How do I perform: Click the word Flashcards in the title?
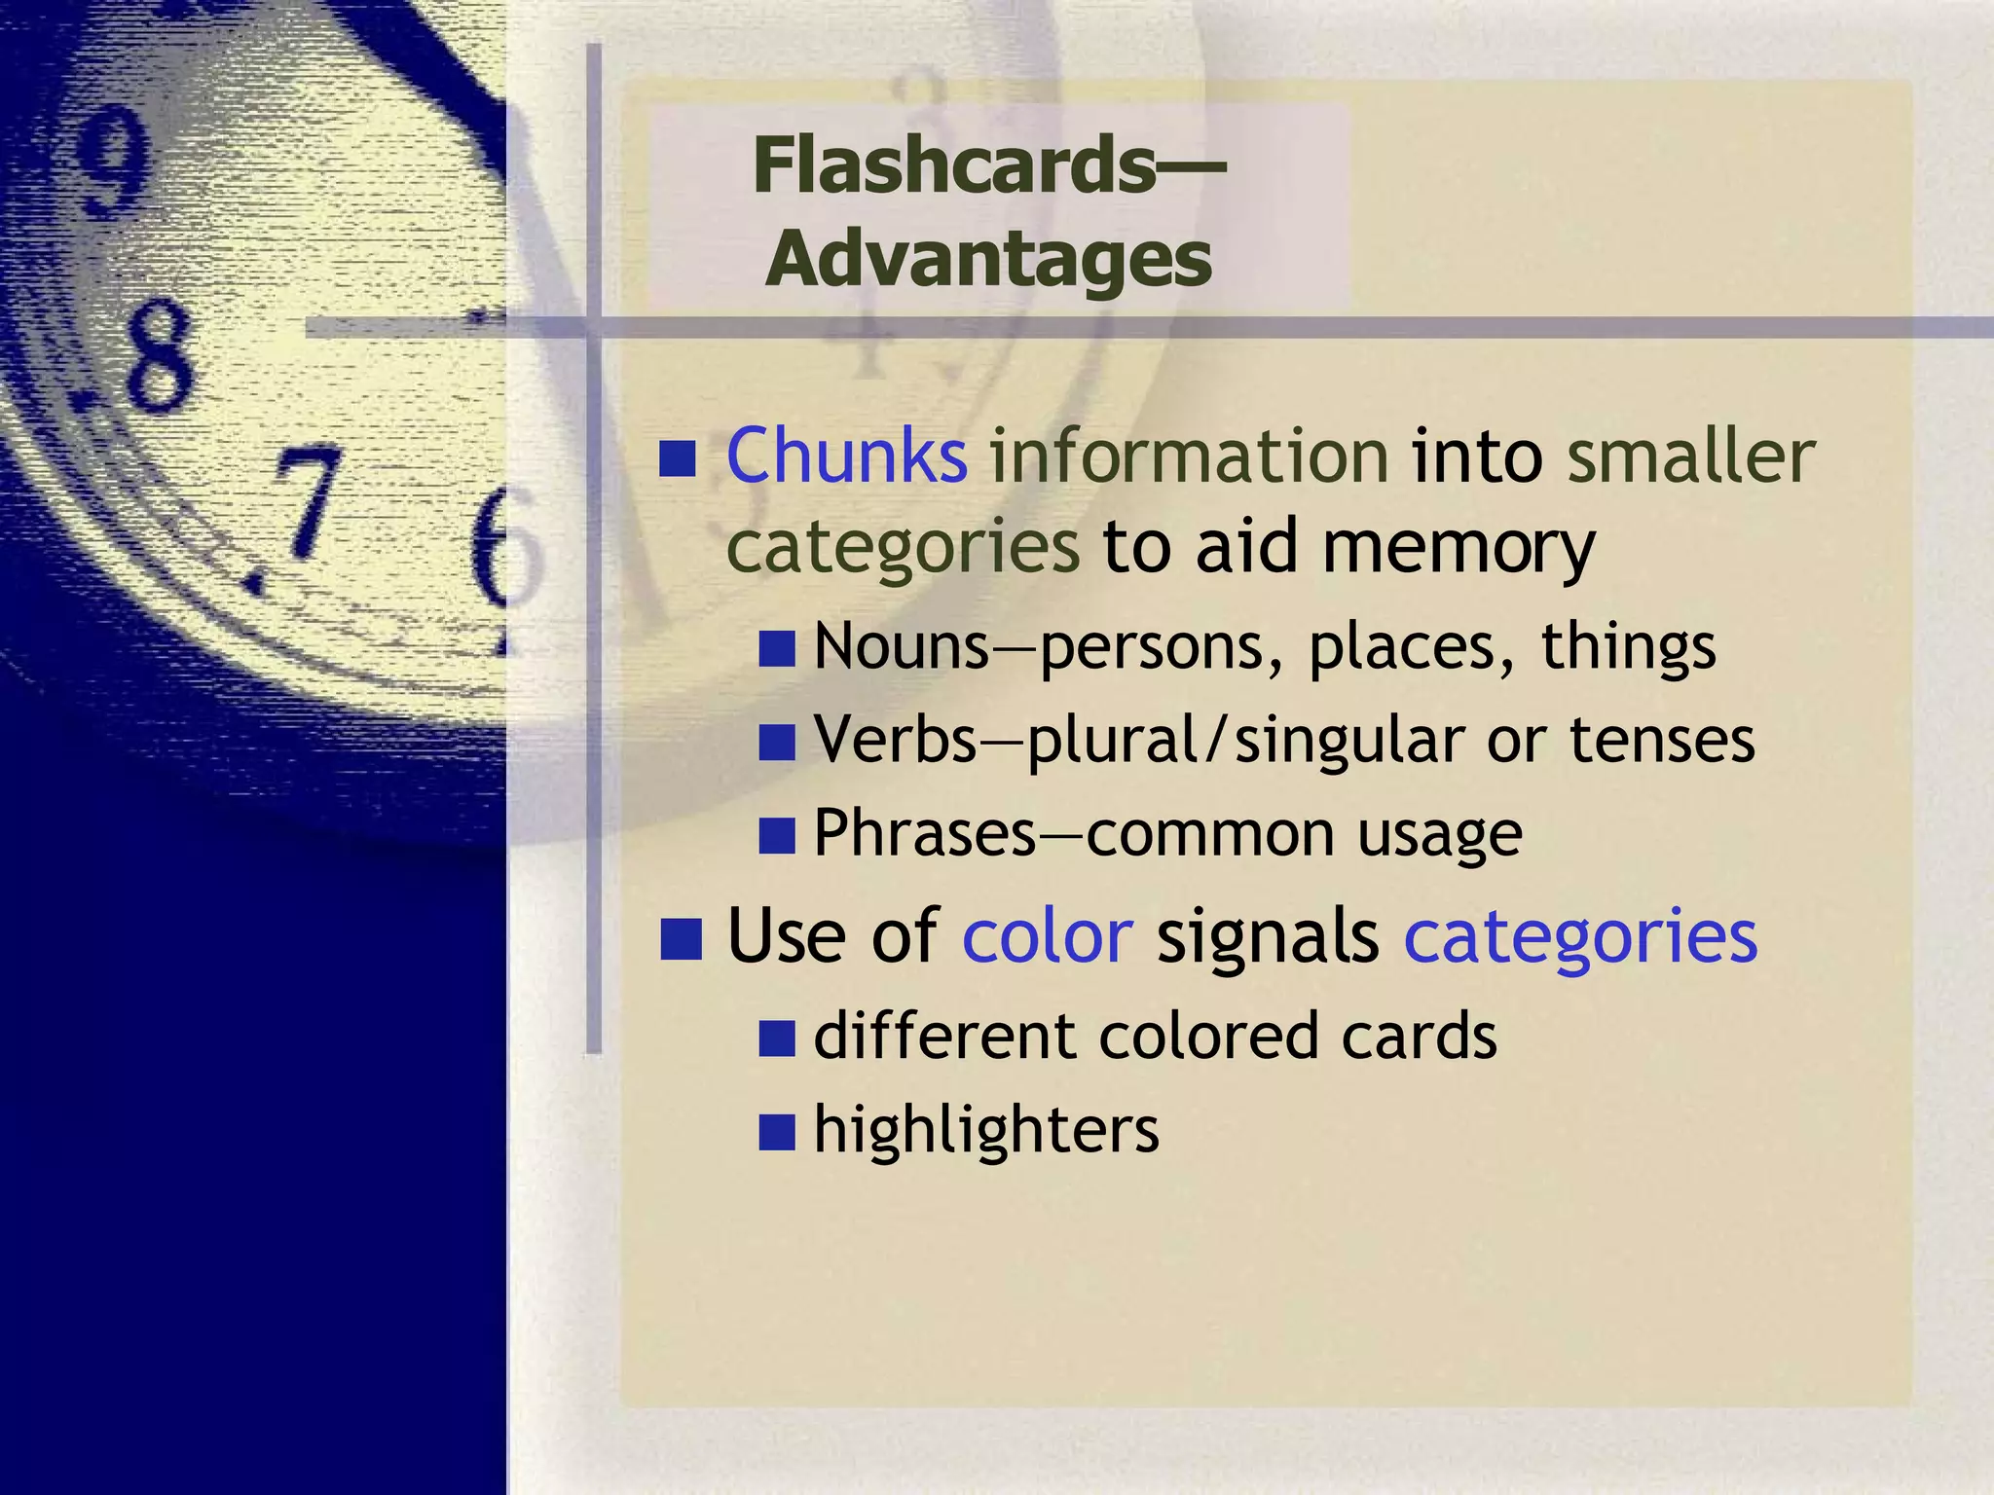tap(954, 165)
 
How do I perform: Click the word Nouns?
tap(902, 646)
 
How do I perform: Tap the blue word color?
tap(1048, 936)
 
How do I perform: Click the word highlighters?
tap(986, 1129)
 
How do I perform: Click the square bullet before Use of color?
tap(681, 939)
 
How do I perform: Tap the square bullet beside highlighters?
tap(777, 1132)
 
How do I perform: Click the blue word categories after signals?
tap(1580, 936)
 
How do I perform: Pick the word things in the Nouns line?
tap(1628, 646)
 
